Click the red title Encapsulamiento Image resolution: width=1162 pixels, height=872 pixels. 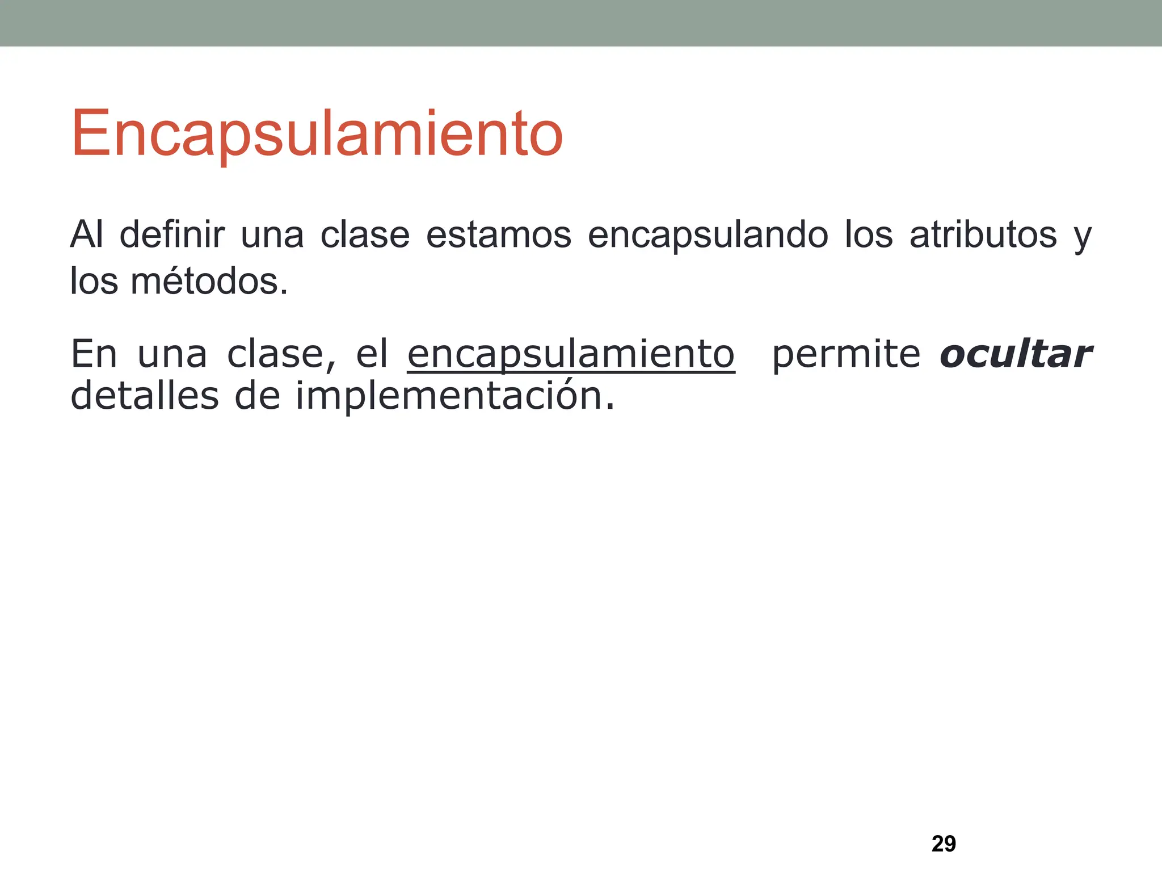317,134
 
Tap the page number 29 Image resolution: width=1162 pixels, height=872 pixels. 944,844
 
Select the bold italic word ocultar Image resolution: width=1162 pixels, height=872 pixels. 1016,354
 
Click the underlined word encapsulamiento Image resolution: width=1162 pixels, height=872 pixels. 571,354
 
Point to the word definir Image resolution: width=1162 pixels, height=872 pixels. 172,234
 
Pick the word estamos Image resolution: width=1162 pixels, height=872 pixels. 498,234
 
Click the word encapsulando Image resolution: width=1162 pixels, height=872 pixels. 708,234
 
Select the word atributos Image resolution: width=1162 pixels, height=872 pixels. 983,234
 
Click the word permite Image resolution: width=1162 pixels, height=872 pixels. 846,354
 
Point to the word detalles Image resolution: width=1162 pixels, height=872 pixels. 144,396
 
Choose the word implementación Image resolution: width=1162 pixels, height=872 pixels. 454,396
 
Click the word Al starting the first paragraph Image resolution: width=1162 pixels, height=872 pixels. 86,234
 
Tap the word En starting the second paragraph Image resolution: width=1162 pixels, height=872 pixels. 94,354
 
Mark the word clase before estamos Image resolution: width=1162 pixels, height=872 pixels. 365,234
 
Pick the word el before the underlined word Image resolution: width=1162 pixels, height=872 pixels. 372,354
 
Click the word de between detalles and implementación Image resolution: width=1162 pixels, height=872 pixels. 257,396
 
